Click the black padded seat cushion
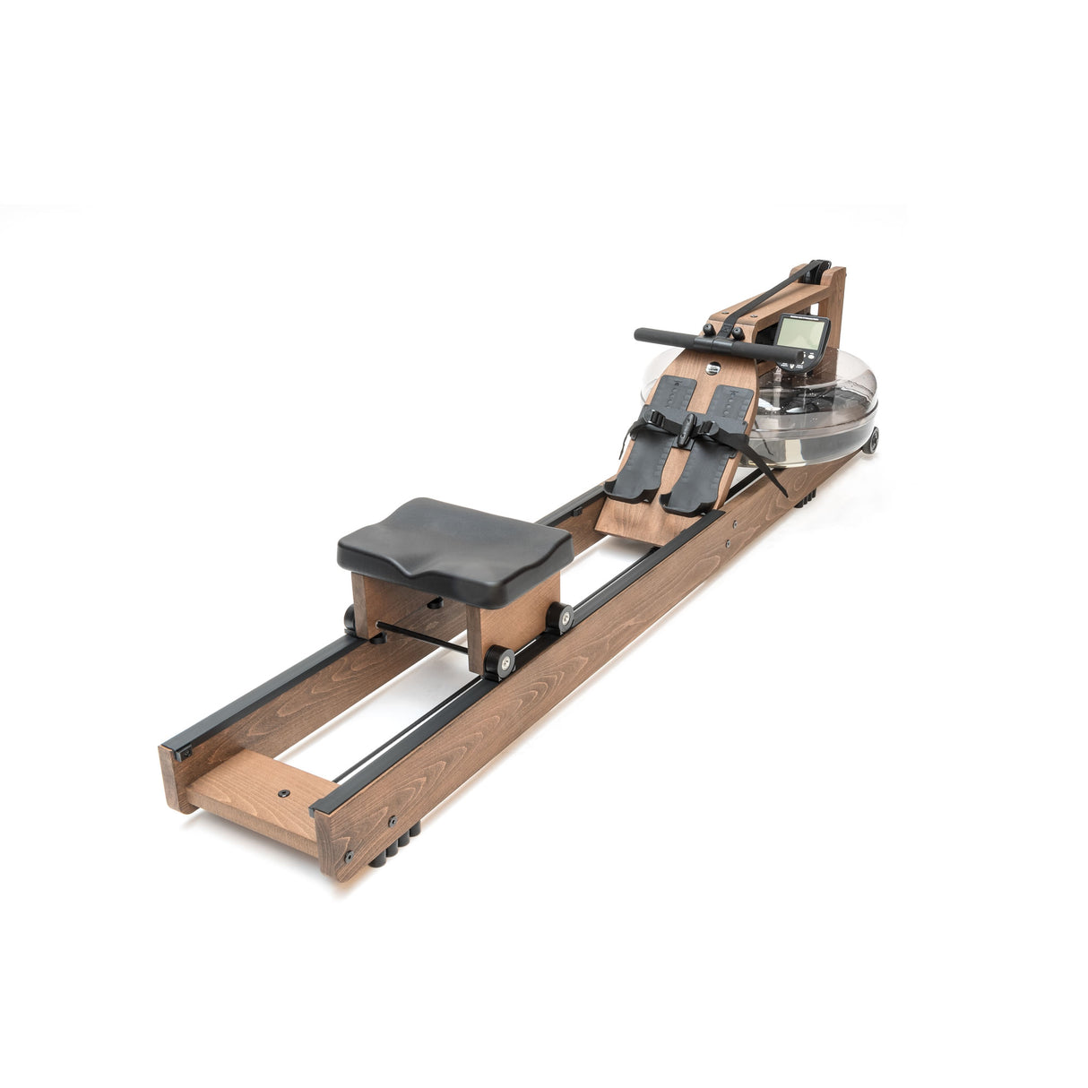(454, 546)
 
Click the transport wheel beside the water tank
(870, 439)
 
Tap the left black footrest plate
(656, 436)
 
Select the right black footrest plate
(708, 457)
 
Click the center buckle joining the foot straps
(686, 431)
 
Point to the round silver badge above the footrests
(712, 367)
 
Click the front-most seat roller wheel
(498, 663)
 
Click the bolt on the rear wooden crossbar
(284, 793)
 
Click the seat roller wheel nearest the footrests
(561, 617)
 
